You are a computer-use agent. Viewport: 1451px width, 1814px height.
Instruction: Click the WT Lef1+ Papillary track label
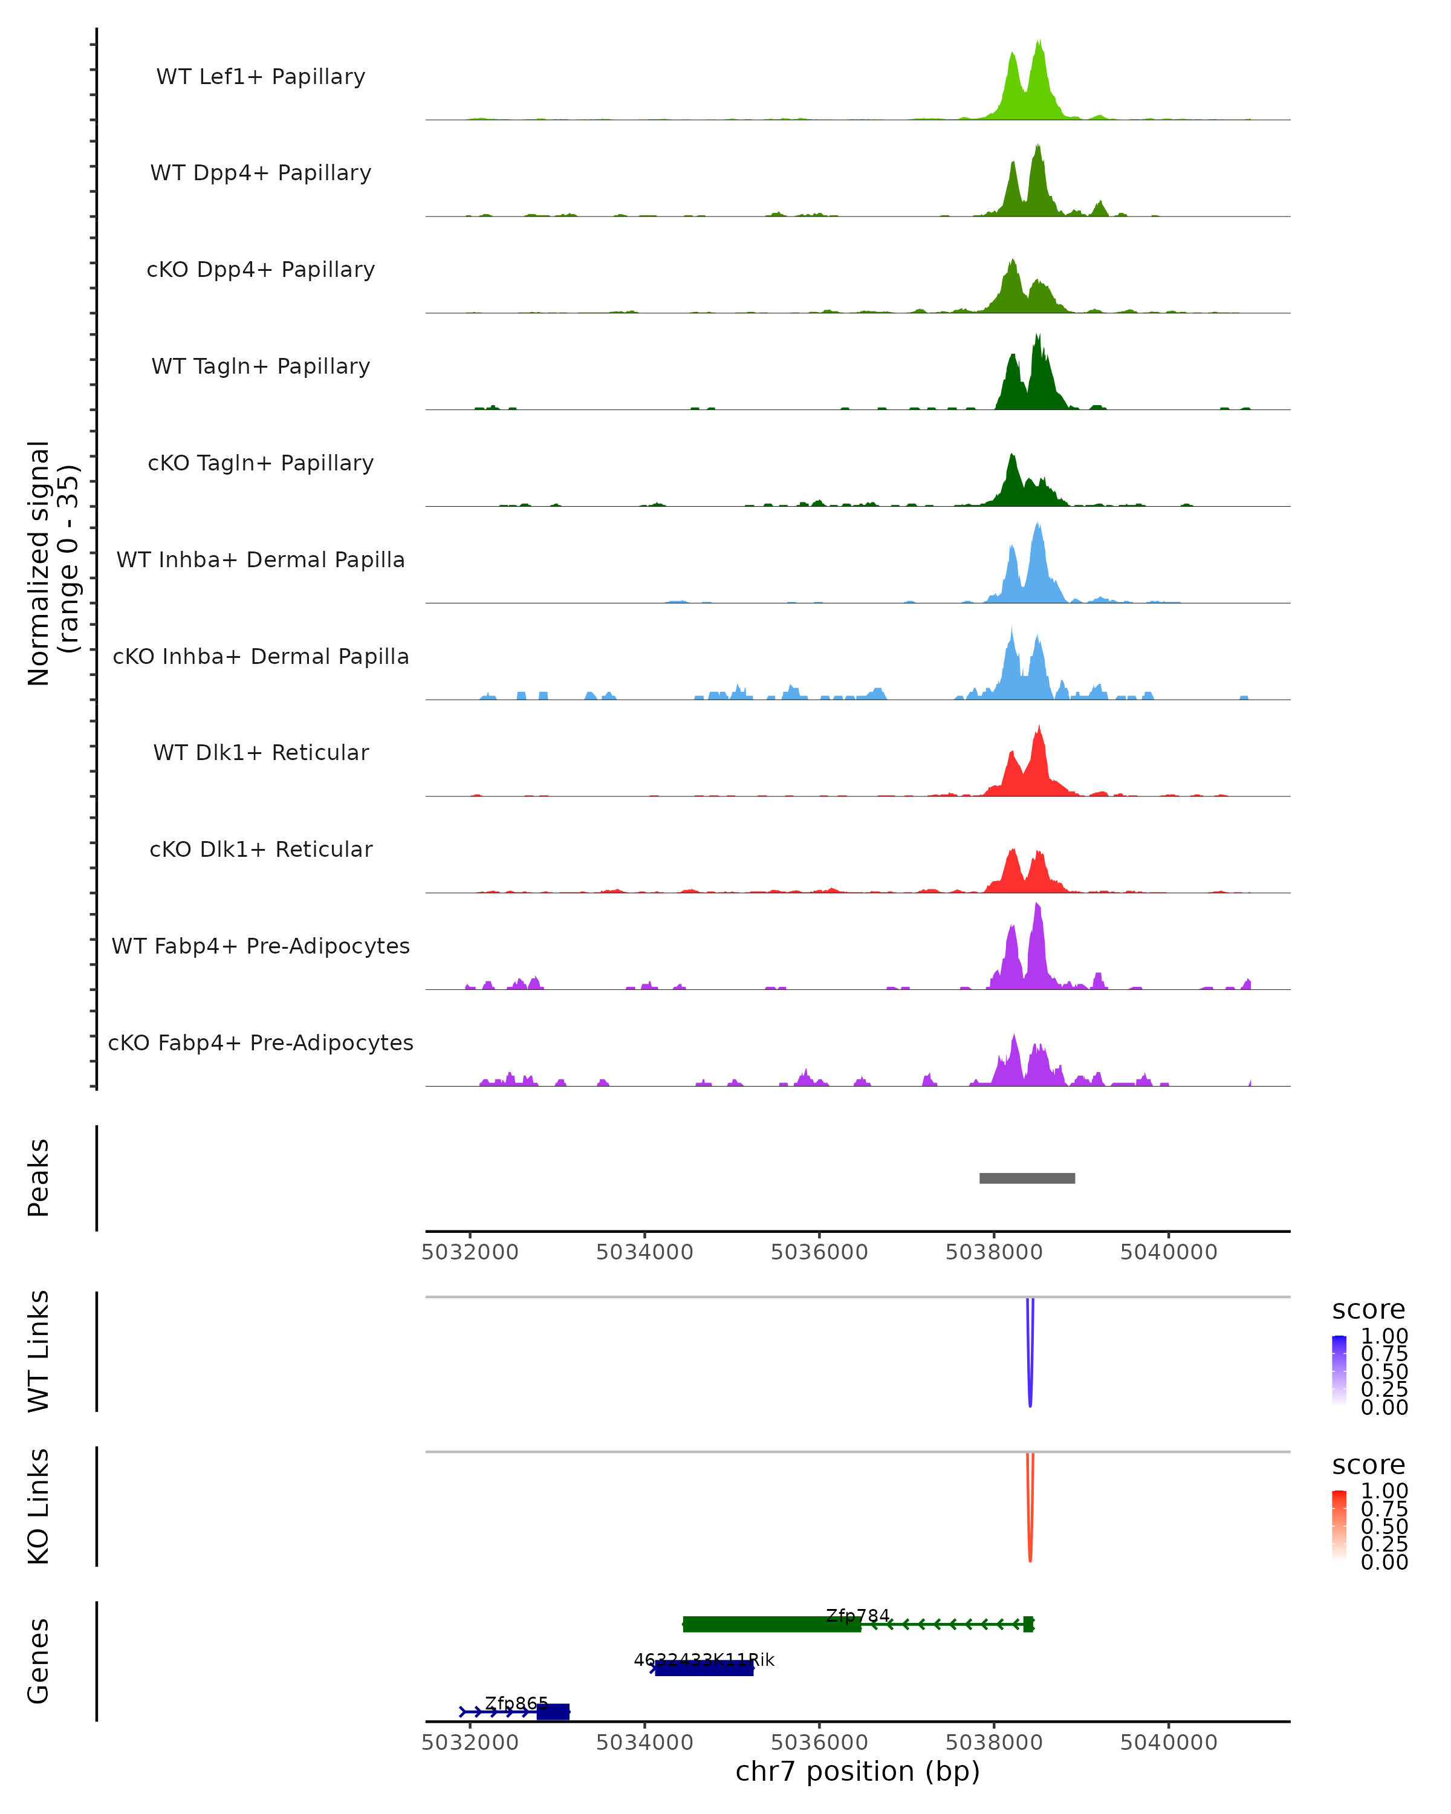click(x=261, y=77)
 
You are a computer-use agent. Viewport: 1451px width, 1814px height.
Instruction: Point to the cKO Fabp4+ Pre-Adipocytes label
click(x=261, y=1042)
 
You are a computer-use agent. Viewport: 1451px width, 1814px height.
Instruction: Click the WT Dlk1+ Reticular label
click(x=261, y=752)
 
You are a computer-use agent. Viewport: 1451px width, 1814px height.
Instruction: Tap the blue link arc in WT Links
click(x=1030, y=1380)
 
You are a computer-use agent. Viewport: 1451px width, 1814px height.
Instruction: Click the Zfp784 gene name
click(x=857, y=1616)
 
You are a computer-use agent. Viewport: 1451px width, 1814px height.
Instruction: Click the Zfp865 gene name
click(x=516, y=1703)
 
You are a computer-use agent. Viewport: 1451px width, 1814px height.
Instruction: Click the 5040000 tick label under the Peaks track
click(x=1169, y=1252)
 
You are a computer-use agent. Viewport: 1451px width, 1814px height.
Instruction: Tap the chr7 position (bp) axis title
click(x=857, y=1771)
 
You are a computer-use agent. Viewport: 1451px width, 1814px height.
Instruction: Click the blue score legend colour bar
click(x=1339, y=1371)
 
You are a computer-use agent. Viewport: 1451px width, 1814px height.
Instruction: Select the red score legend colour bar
click(x=1339, y=1526)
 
